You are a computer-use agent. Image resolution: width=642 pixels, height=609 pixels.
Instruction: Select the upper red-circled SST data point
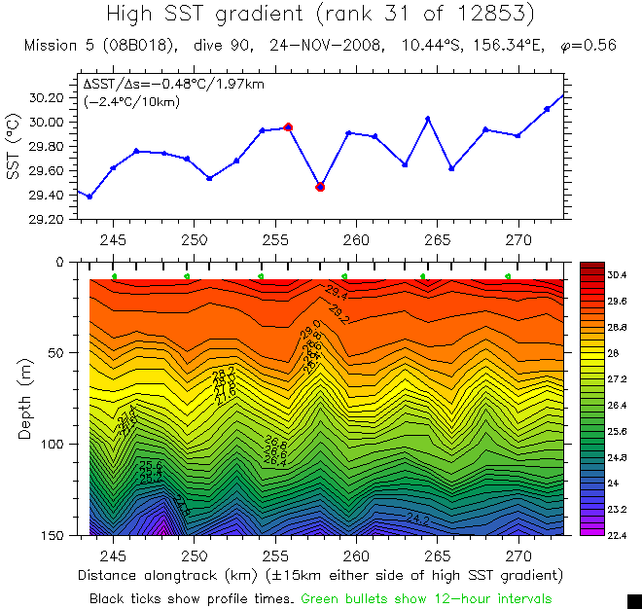point(288,126)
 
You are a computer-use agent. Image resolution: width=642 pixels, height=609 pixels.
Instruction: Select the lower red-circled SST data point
point(320,187)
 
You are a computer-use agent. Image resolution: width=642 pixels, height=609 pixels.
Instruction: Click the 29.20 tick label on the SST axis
point(47,220)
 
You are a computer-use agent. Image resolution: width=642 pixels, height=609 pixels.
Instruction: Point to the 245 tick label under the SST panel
point(113,239)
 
